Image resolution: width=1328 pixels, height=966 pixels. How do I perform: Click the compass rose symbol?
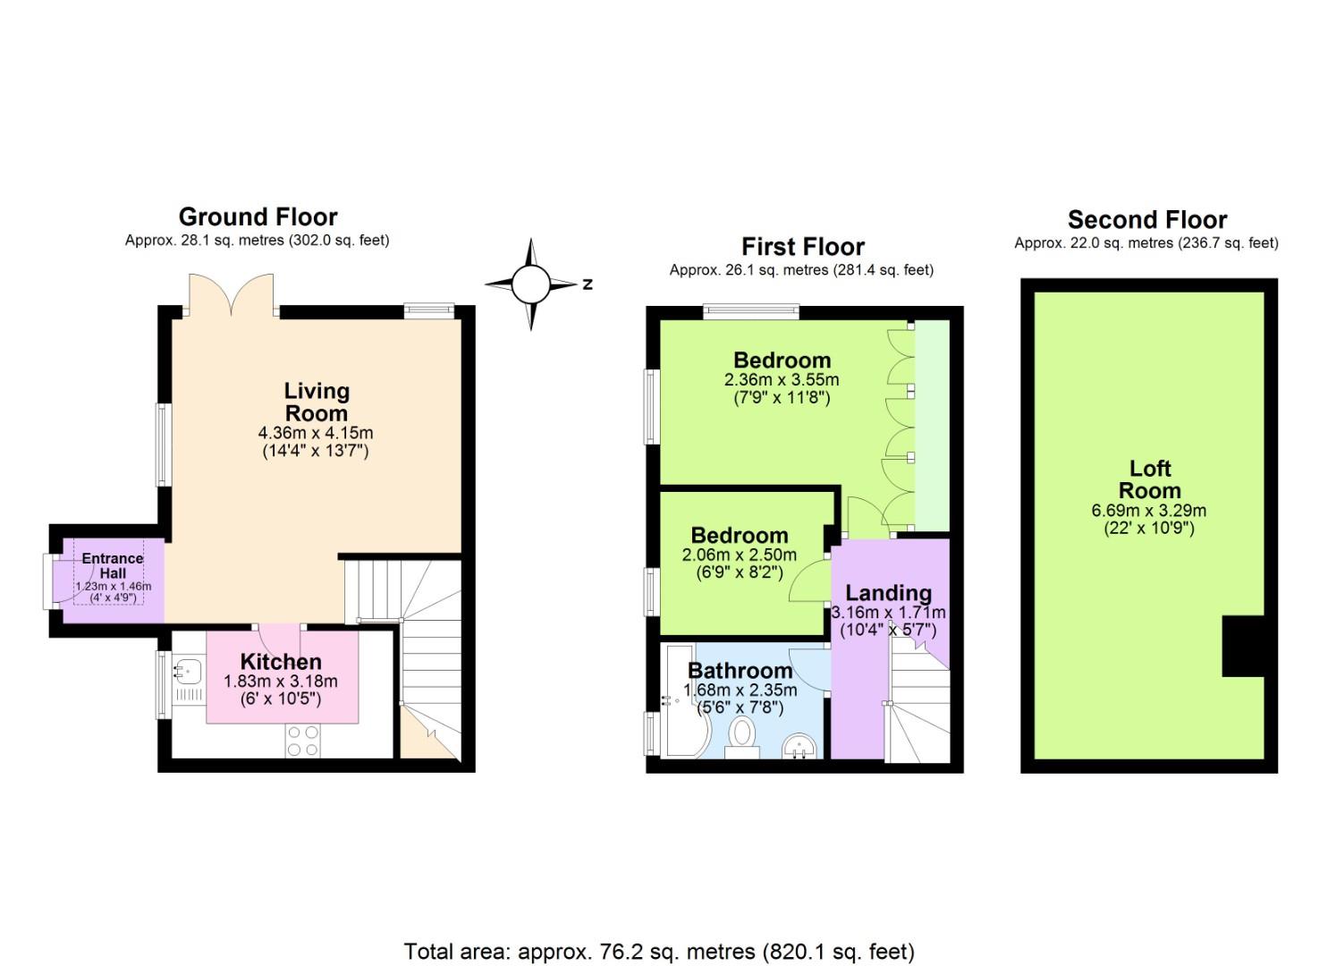click(x=530, y=284)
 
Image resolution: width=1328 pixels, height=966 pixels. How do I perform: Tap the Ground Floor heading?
click(x=258, y=216)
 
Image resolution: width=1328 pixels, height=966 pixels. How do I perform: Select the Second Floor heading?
click(x=1146, y=219)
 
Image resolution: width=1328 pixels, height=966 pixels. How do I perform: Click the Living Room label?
click(x=316, y=402)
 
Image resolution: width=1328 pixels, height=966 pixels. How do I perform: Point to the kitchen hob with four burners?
click(x=302, y=741)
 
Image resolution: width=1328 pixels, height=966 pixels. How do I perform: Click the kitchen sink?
click(x=189, y=668)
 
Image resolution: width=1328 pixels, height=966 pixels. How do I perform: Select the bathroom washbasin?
click(x=799, y=745)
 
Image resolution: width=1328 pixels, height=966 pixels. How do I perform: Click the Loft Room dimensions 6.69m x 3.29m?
click(x=1148, y=511)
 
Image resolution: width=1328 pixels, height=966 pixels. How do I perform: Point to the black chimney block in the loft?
click(x=1242, y=646)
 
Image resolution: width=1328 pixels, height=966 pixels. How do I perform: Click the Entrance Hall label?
click(x=113, y=565)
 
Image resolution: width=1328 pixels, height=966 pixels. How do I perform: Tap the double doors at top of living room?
click(x=231, y=293)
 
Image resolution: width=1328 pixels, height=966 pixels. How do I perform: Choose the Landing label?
click(x=888, y=593)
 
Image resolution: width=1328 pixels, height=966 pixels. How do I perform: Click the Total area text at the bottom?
click(x=659, y=951)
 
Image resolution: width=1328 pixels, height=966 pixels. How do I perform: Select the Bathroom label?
click(x=740, y=670)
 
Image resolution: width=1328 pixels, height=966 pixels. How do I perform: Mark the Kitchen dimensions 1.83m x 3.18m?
click(x=280, y=682)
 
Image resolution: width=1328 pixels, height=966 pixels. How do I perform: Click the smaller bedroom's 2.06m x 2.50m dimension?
click(x=739, y=555)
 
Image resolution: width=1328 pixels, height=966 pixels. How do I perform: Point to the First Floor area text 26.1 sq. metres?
click(x=801, y=270)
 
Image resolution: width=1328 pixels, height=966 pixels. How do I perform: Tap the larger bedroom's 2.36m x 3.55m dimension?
click(x=781, y=379)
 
